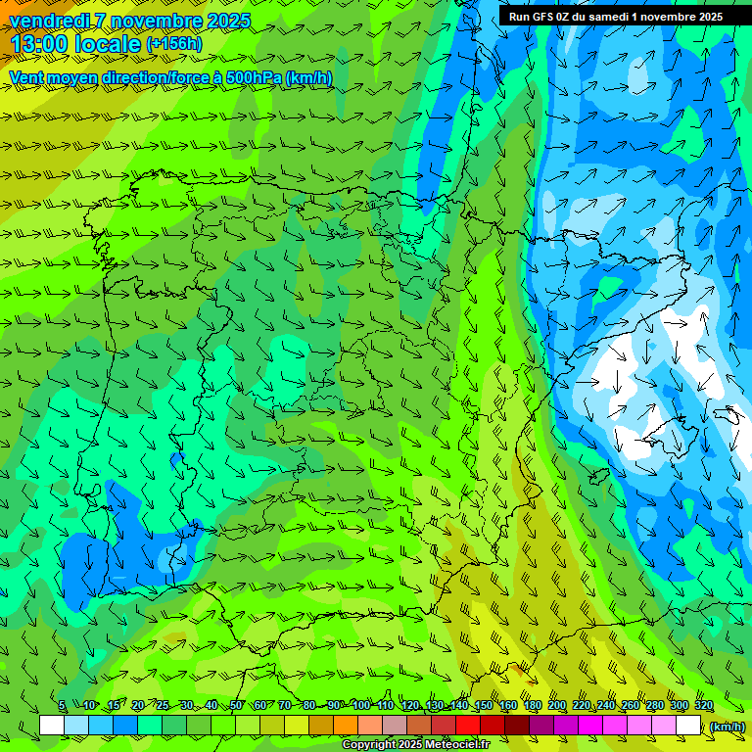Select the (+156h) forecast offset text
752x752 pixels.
pyautogui.click(x=174, y=44)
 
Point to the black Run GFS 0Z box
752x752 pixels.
pyautogui.click(x=615, y=16)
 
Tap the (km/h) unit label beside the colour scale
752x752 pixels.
pyautogui.click(x=727, y=726)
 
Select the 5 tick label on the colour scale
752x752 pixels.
pyautogui.click(x=62, y=705)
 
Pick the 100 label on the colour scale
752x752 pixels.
pyautogui.click(x=361, y=705)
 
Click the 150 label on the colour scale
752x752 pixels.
pyautogui.click(x=484, y=705)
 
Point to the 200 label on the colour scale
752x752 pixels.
pyautogui.click(x=557, y=705)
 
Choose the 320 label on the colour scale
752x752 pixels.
pyautogui.click(x=704, y=705)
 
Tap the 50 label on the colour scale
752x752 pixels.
pyautogui.click(x=236, y=705)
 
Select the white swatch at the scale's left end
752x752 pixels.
pyautogui.click(x=52, y=726)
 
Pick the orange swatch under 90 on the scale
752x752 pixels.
pyautogui.click(x=346, y=726)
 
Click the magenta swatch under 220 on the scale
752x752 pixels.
pyautogui.click(x=590, y=726)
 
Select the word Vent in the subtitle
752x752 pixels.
pyautogui.click(x=25, y=77)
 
